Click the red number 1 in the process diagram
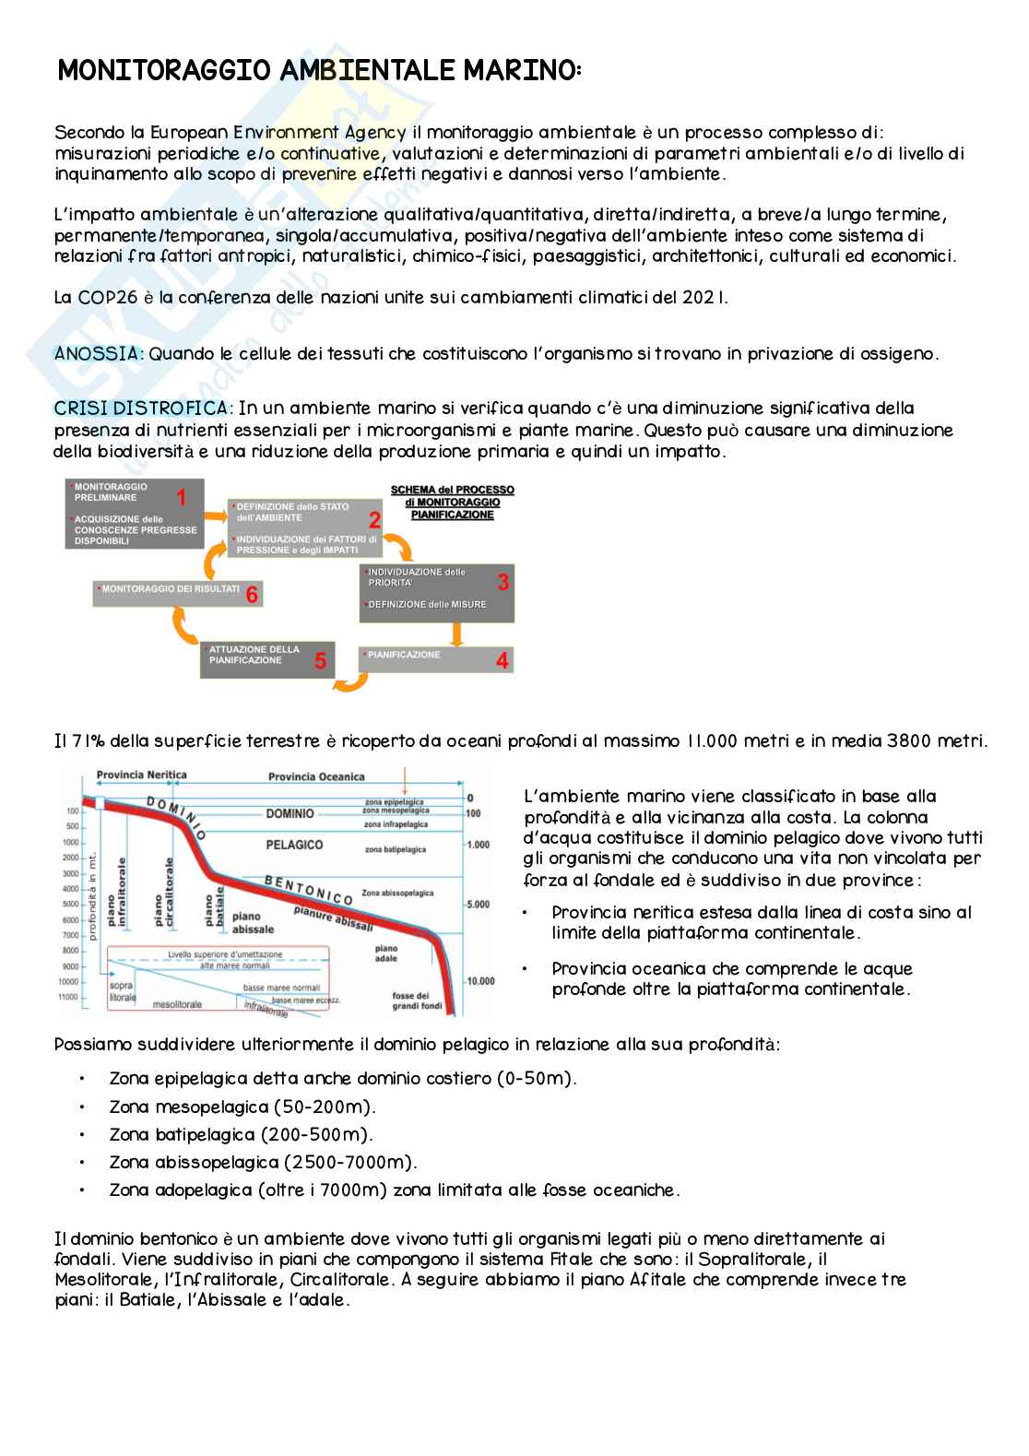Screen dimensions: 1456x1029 tap(182, 498)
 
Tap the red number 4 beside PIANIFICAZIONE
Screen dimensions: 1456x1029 tap(502, 660)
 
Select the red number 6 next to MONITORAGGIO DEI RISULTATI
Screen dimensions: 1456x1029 tap(252, 595)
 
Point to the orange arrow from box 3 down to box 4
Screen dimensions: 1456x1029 tap(455, 635)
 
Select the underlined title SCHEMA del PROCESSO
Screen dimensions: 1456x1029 tap(452, 491)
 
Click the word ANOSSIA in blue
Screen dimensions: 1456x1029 tap(99, 354)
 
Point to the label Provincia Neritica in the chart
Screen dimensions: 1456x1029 tap(142, 775)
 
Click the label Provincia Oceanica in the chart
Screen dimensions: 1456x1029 tap(315, 776)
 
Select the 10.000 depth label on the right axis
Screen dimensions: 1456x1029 tap(480, 981)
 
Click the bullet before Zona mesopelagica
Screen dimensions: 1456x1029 tap(82, 1107)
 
